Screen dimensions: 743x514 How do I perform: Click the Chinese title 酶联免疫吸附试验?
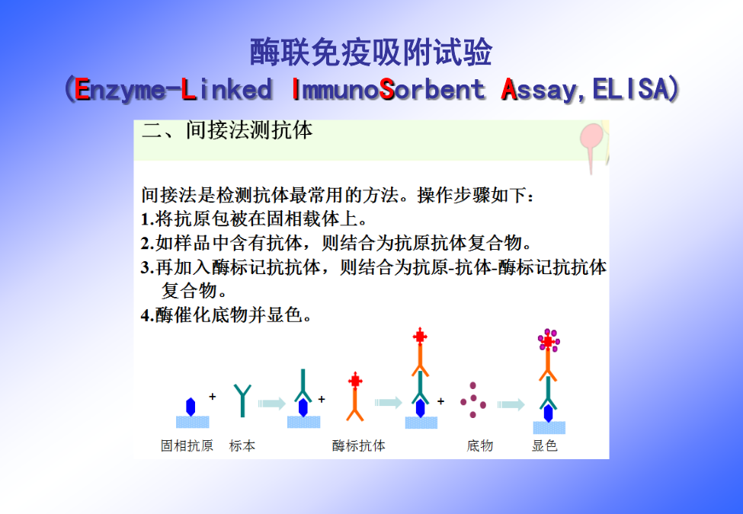(x=371, y=52)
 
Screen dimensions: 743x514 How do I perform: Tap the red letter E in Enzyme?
(x=82, y=89)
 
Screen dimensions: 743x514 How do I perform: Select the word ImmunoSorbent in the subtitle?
(x=389, y=89)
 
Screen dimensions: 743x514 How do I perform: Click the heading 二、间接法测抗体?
(x=227, y=130)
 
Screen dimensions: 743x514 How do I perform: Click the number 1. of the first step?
(x=147, y=219)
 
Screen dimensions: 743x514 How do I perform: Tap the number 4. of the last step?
(x=147, y=314)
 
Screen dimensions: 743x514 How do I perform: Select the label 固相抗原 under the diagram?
(x=187, y=445)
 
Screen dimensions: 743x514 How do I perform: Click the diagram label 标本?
(x=242, y=445)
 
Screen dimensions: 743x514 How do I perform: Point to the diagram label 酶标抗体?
(x=359, y=445)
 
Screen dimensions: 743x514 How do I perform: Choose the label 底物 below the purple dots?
(x=479, y=445)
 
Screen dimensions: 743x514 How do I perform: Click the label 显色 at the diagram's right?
(x=544, y=445)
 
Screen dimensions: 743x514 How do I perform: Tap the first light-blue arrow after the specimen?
(x=272, y=404)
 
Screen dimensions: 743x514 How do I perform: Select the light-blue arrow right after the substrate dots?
(x=511, y=404)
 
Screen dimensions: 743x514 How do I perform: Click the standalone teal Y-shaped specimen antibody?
(x=242, y=401)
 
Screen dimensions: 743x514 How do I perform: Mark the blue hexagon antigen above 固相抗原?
(x=191, y=407)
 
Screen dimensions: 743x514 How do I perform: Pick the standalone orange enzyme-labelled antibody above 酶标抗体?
(x=355, y=397)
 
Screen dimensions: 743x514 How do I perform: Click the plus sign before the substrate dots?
(x=440, y=401)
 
